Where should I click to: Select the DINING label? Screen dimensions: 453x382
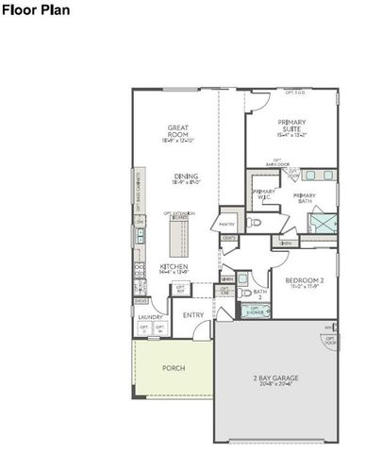tap(185, 176)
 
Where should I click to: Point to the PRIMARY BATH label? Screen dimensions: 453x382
tap(304, 198)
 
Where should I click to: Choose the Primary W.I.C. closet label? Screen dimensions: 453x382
tap(263, 194)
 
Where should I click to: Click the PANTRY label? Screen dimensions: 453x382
tap(226, 225)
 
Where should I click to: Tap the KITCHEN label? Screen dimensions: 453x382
tap(174, 267)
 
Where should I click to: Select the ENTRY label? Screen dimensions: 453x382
tap(193, 315)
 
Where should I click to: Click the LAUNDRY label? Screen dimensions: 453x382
tap(151, 318)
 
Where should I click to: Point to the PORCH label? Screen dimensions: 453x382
tap(174, 367)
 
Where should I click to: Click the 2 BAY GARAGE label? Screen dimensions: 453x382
tap(275, 378)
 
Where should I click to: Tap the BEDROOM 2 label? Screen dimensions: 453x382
tap(304, 280)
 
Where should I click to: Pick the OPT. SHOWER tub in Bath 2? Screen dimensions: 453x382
tap(255, 310)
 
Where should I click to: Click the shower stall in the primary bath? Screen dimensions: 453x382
tap(322, 223)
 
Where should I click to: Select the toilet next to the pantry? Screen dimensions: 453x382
tap(255, 224)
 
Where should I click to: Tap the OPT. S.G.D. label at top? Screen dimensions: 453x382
tap(296, 92)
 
